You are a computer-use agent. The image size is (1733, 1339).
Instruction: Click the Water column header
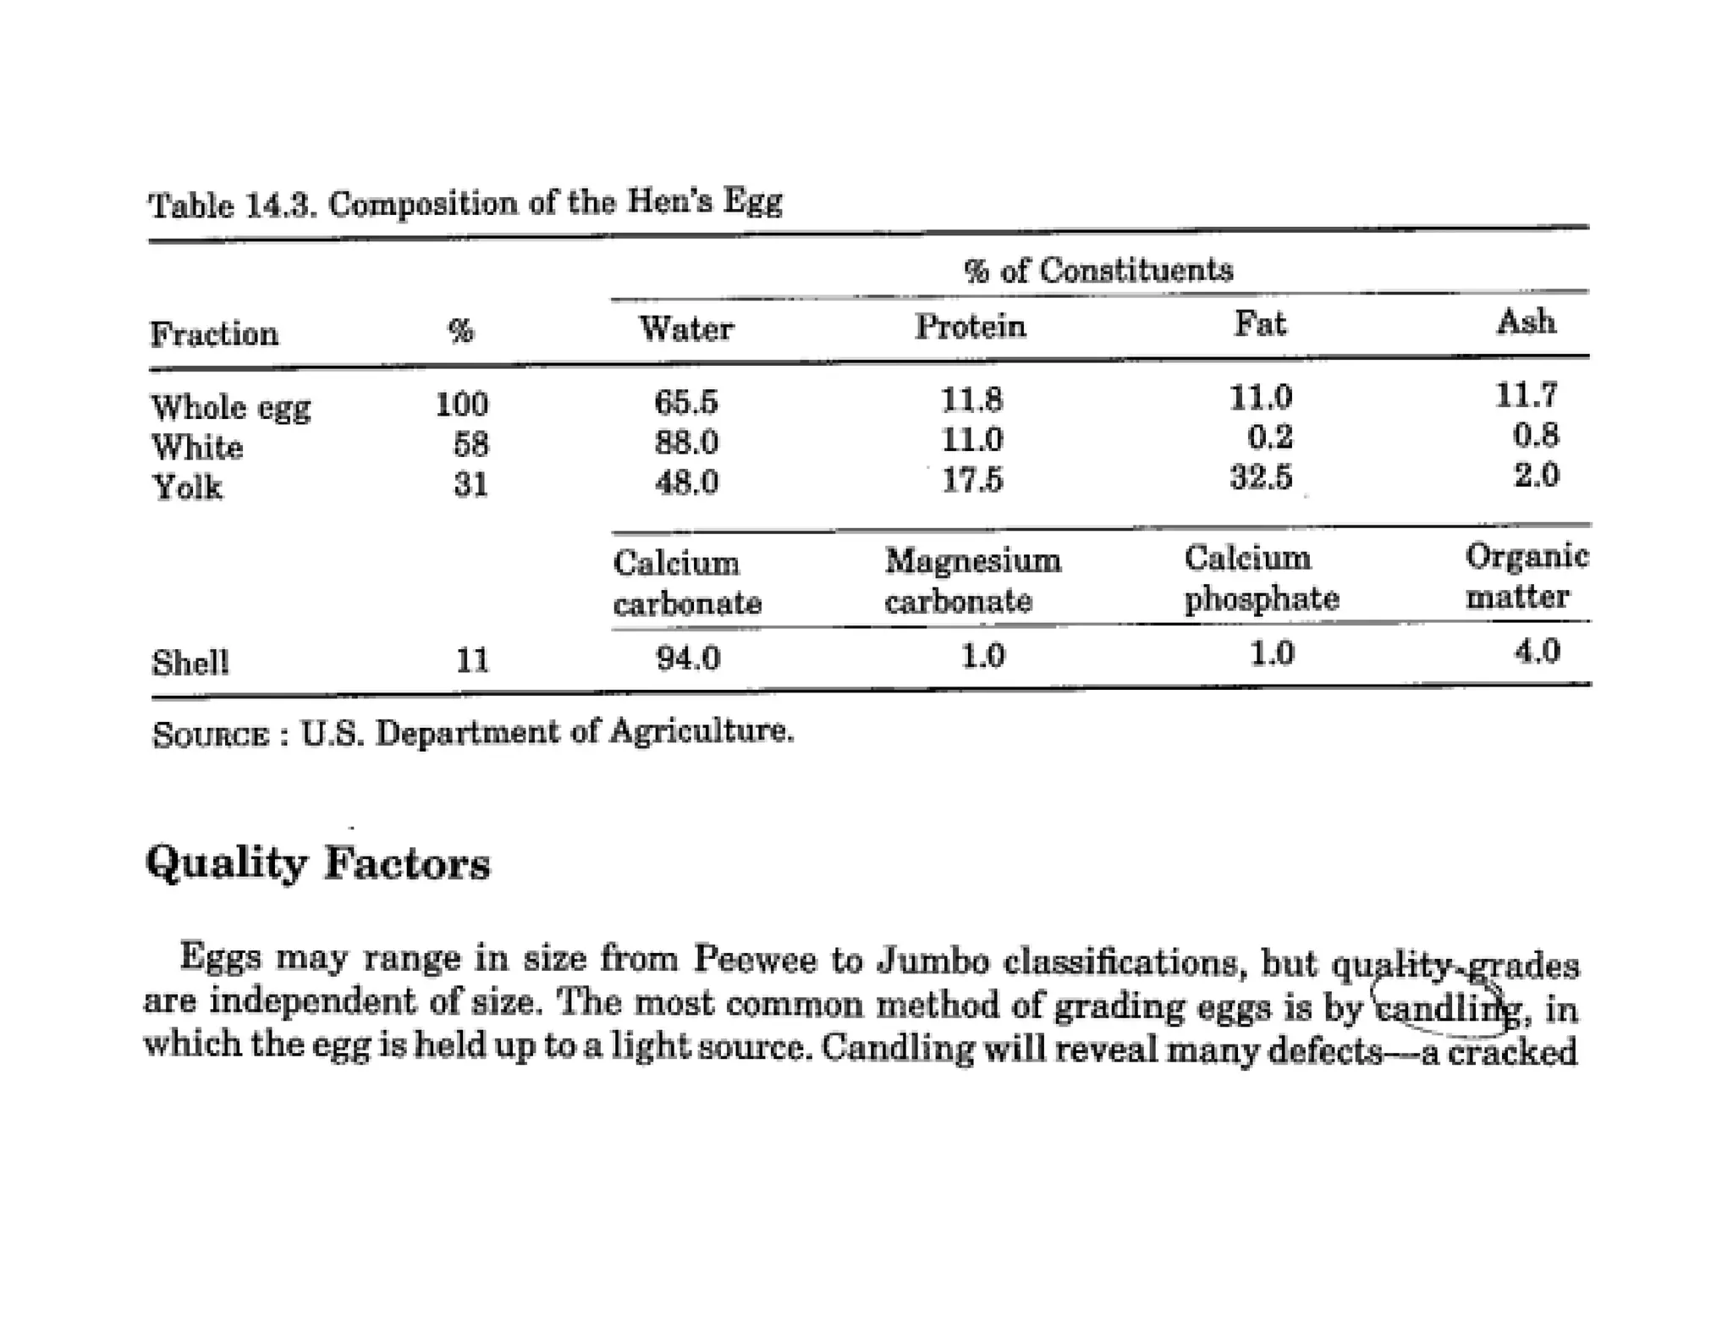[685, 328]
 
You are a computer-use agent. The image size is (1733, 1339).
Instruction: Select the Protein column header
[970, 326]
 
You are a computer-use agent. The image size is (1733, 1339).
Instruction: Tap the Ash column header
[1526, 322]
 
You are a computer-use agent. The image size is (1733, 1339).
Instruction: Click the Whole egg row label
[231, 408]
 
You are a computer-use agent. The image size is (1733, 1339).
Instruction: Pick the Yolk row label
[187, 488]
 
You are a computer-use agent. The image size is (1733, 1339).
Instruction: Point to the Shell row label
[190, 662]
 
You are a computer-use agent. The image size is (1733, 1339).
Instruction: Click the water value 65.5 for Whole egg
[685, 401]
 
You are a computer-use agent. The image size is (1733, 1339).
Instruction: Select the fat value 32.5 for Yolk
[1261, 477]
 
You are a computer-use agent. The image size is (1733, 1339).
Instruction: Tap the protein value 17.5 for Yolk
[972, 480]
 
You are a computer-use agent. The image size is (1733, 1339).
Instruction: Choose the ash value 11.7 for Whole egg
[1526, 395]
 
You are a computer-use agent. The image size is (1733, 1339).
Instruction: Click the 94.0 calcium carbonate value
[688, 658]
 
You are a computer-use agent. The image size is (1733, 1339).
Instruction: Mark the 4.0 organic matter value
[1537, 651]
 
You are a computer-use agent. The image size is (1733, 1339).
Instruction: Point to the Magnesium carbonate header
[972, 581]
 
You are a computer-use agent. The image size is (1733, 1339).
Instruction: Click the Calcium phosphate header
[1261, 578]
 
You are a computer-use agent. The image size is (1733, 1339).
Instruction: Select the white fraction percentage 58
[470, 444]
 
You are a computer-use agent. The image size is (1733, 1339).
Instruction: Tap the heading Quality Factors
[318, 864]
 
